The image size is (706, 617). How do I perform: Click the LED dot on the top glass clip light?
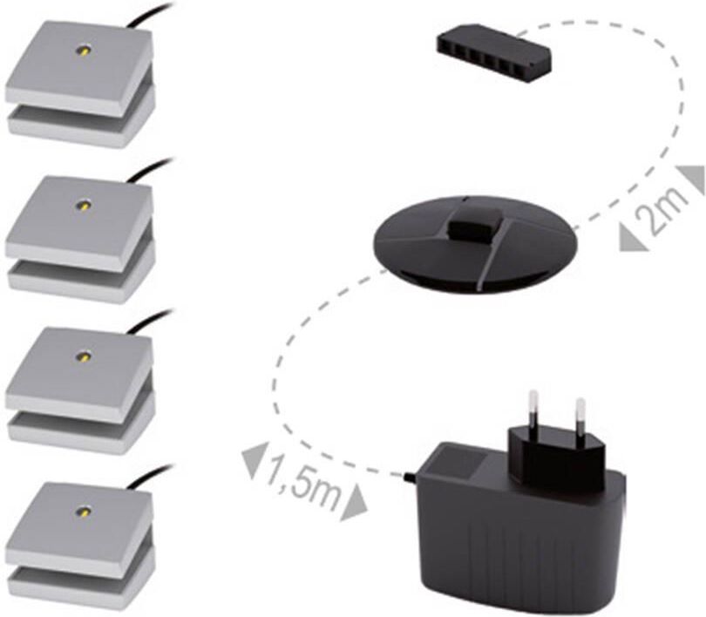click(84, 51)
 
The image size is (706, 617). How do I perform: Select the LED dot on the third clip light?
click(84, 357)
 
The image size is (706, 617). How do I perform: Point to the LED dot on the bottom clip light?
click(84, 512)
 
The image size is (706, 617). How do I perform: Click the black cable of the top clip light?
click(146, 16)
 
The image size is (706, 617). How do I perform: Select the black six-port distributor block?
click(494, 55)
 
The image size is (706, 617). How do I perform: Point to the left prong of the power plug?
click(533, 410)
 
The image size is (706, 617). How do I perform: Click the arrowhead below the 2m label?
click(632, 239)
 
